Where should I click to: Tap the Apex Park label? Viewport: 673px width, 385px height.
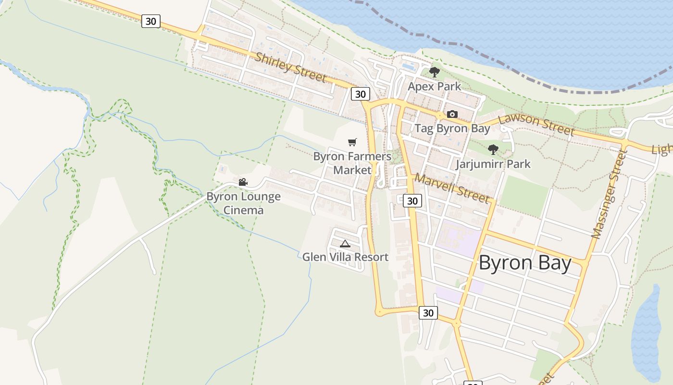click(x=434, y=87)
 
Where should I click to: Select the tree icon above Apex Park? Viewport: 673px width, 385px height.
click(x=435, y=73)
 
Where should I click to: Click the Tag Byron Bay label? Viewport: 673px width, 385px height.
click(x=452, y=128)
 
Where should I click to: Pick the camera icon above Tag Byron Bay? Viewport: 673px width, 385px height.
click(x=452, y=115)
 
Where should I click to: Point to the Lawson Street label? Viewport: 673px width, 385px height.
click(x=536, y=124)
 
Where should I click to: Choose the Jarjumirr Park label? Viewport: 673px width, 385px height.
click(x=493, y=164)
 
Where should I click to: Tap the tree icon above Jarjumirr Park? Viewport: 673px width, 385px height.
click(x=493, y=149)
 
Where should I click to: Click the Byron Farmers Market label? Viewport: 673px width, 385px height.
click(x=352, y=163)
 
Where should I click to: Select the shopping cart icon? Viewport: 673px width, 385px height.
click(x=352, y=142)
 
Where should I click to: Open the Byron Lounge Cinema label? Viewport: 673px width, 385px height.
click(x=244, y=203)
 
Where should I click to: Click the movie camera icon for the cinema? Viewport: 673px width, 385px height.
click(x=243, y=182)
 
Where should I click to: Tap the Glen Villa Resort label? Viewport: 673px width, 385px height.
click(x=345, y=257)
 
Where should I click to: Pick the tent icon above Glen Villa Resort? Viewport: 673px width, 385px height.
click(x=345, y=244)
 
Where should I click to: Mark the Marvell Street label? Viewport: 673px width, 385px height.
click(x=452, y=188)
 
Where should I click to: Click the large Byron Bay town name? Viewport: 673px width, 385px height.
click(x=525, y=263)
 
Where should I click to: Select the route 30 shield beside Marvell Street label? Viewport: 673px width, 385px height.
click(x=412, y=201)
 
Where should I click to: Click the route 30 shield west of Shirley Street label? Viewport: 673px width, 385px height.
click(x=151, y=21)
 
